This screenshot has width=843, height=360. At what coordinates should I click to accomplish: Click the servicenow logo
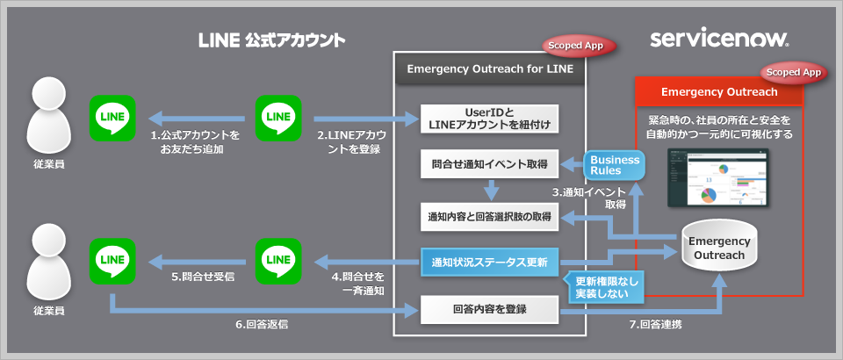pyautogui.click(x=720, y=40)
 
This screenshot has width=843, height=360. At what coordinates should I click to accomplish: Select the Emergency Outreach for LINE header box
pyautogui.click(x=490, y=69)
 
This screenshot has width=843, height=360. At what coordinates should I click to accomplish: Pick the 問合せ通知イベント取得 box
pyautogui.click(x=489, y=163)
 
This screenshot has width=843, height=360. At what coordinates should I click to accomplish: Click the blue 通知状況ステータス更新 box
pyautogui.click(x=489, y=262)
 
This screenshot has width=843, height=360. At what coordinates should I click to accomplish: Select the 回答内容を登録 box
pyautogui.click(x=489, y=309)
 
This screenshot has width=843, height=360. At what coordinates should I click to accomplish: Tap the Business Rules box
pyautogui.click(x=615, y=165)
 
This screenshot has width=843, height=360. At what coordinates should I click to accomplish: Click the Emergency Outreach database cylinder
pyautogui.click(x=719, y=248)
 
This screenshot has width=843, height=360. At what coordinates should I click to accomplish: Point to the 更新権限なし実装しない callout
pyautogui.click(x=605, y=287)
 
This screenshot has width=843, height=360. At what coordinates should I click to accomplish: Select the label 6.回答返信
pyautogui.click(x=263, y=324)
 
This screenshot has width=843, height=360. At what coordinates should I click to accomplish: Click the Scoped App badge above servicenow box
pyautogui.click(x=793, y=72)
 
